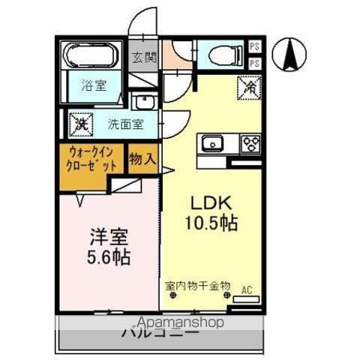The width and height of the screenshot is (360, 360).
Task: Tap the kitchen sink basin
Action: [x=212, y=142]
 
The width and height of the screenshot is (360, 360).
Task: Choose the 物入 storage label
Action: [x=142, y=159]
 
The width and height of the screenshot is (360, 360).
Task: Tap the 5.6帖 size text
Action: [x=109, y=258]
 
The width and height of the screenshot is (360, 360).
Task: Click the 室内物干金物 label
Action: [x=197, y=286]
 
